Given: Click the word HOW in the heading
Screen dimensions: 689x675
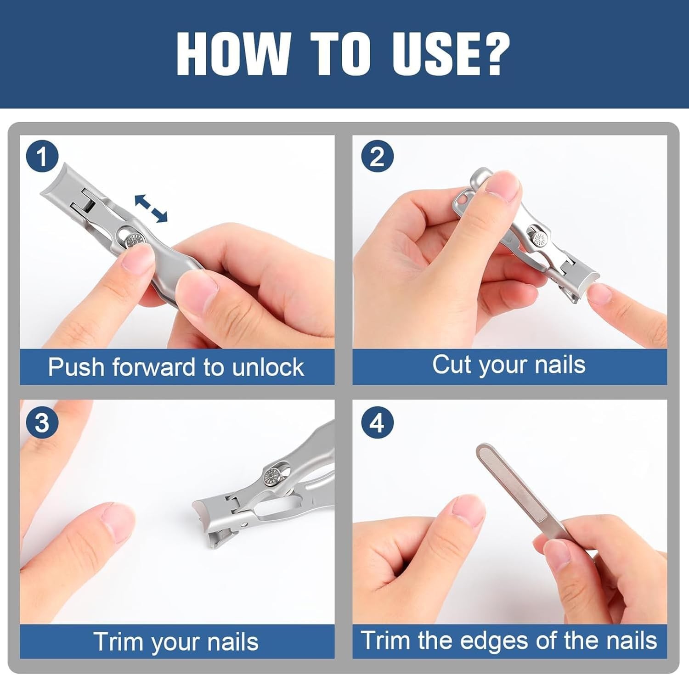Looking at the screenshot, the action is click(232, 54).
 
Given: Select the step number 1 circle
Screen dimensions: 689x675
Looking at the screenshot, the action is click(42, 157).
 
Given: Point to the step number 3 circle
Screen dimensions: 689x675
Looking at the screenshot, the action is click(42, 422).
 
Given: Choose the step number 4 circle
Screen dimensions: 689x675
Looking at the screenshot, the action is click(377, 422).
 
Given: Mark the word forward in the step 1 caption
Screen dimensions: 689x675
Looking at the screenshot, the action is click(155, 367).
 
